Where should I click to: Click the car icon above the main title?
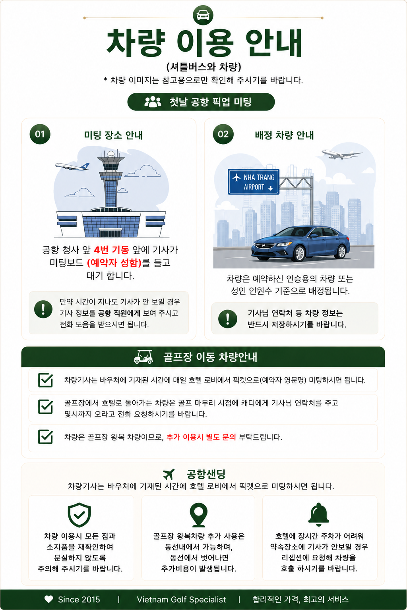point(203,15)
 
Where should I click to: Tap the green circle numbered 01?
point(40,134)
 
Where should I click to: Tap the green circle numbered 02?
point(223,134)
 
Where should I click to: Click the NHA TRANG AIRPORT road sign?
point(254,181)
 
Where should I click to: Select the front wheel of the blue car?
point(299,253)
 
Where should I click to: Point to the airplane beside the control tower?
point(72,166)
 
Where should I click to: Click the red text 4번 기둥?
point(111,250)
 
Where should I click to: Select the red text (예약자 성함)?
point(114,263)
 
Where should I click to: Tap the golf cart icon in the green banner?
point(143,357)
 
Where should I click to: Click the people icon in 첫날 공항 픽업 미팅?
point(153,102)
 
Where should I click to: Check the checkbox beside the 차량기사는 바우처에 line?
point(46,380)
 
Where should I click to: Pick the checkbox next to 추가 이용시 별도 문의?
point(46,437)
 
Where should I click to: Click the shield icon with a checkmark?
point(79,515)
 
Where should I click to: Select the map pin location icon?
point(199,515)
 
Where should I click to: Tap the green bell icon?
point(318,514)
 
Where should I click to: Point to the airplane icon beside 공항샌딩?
point(169,475)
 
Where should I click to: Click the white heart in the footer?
point(49,599)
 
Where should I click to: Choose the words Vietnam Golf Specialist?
point(181,599)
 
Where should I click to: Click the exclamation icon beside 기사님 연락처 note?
point(228,319)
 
